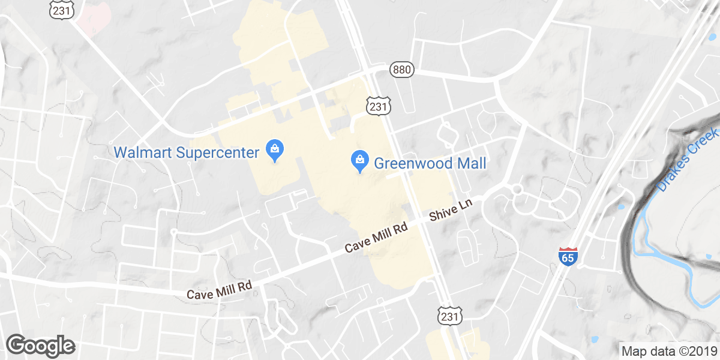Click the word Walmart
pos(143,152)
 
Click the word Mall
pos(472,163)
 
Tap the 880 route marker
pos(401,70)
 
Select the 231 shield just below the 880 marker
pos(378,106)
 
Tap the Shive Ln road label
pos(452,212)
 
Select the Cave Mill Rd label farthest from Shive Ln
pos(218,294)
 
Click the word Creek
pos(704,143)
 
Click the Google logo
pos(41,346)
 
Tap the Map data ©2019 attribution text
pos(668,351)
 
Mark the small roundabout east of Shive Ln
pos(517,190)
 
